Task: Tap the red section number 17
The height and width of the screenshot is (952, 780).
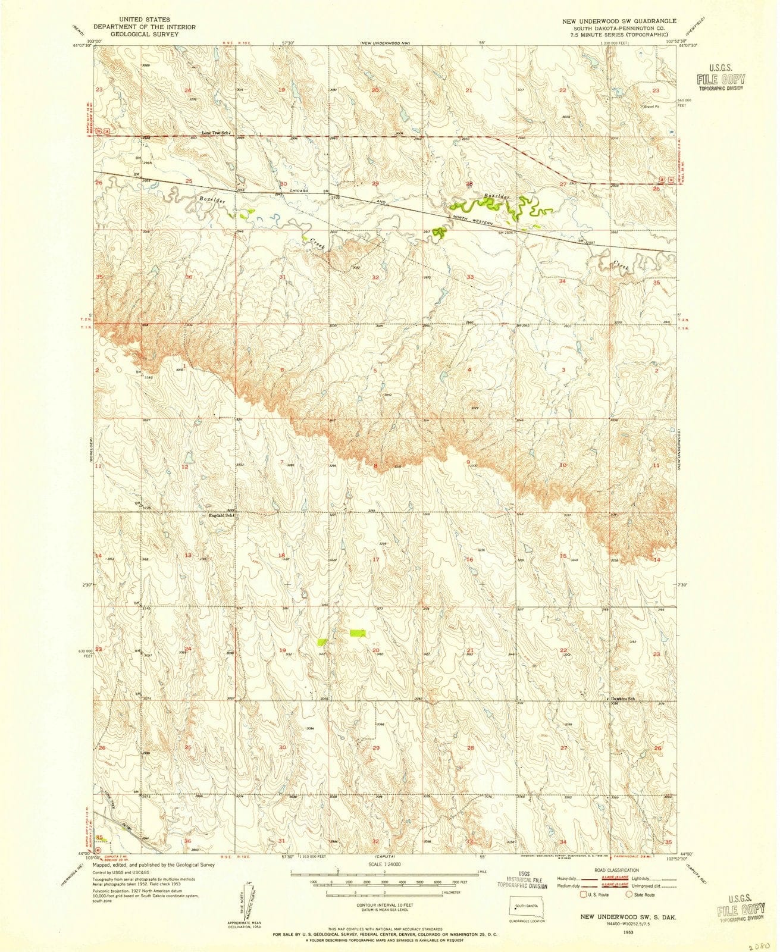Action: [x=375, y=559]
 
